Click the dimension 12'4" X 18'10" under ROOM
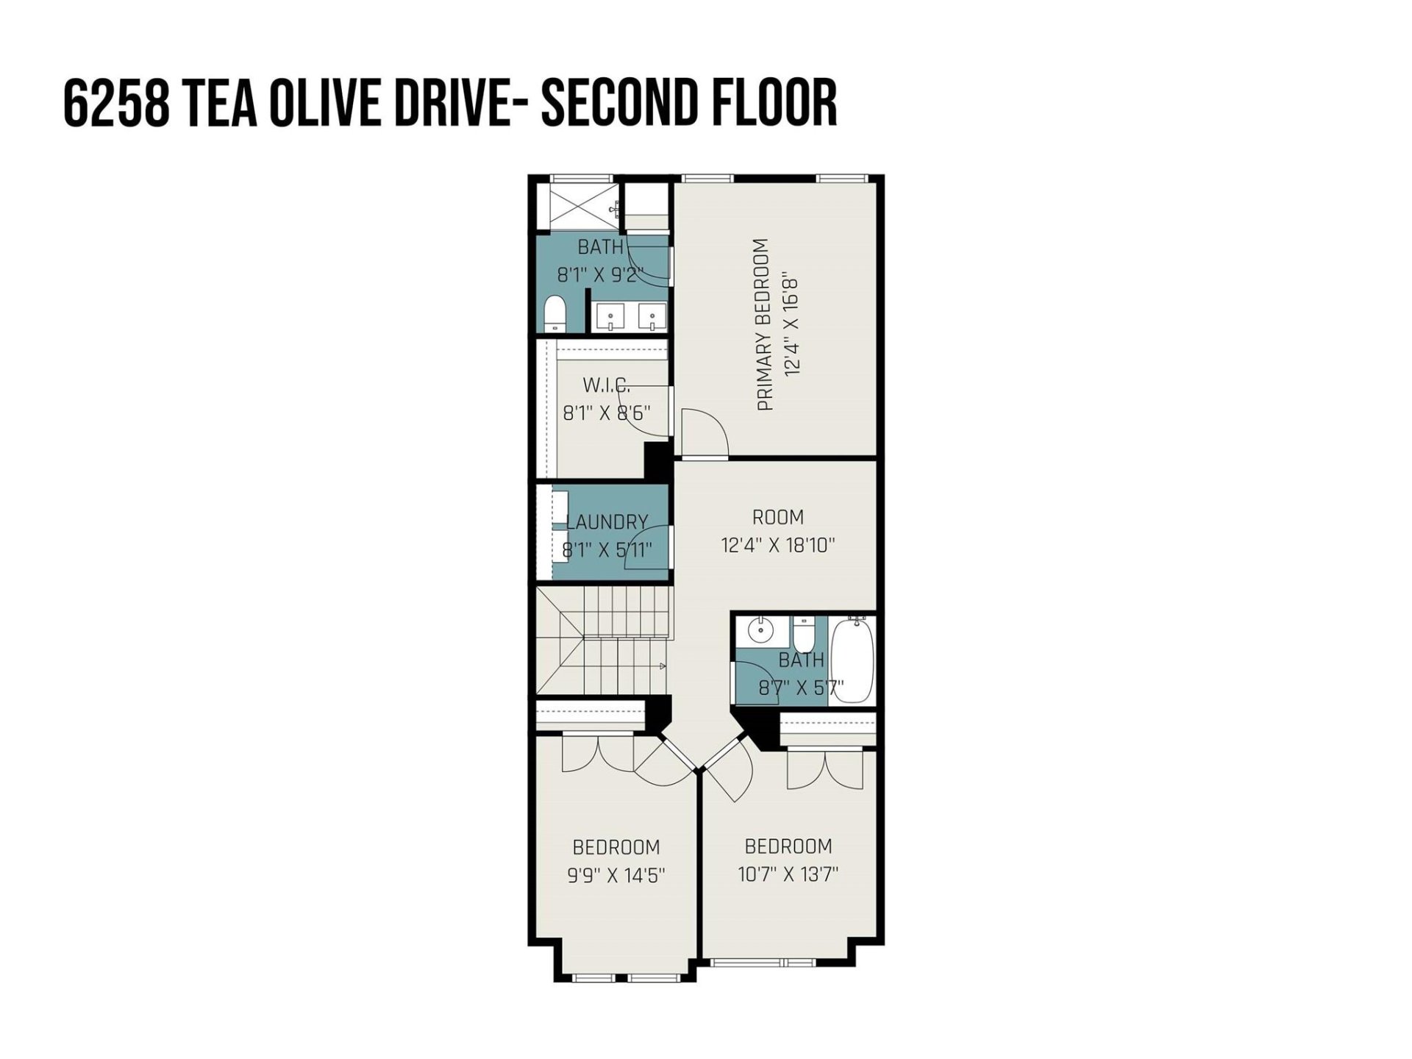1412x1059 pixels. (777, 546)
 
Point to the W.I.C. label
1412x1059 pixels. (606, 385)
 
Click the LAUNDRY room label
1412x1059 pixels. (607, 522)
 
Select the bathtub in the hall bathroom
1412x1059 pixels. (852, 660)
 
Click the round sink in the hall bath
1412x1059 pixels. (758, 631)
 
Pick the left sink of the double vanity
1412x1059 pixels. (610, 318)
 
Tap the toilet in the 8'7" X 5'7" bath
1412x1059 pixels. (802, 632)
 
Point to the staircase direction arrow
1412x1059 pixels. (662, 666)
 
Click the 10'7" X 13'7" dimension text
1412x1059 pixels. (788, 874)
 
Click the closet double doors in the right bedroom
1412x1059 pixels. (824, 769)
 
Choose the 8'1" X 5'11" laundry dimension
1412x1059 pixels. (607, 550)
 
